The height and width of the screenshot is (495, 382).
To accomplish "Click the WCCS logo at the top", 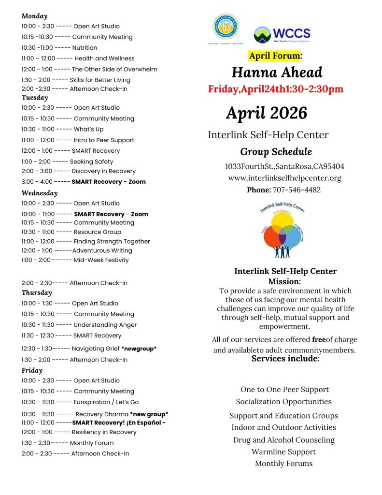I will click(x=282, y=34).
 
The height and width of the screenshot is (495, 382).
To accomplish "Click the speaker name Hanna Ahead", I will click(x=277, y=73).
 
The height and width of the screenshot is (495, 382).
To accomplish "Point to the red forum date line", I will click(x=276, y=89).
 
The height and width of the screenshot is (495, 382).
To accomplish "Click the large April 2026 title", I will click(x=267, y=113).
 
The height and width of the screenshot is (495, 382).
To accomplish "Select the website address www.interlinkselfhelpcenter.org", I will click(x=284, y=178).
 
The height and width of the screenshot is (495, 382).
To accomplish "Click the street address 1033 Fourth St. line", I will click(x=284, y=166).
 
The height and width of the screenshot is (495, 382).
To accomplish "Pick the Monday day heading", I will click(x=34, y=16).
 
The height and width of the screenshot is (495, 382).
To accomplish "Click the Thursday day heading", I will click(x=37, y=292).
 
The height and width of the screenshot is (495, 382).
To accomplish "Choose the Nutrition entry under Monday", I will click(x=85, y=48).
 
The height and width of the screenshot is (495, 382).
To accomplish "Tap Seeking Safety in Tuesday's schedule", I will click(x=91, y=161).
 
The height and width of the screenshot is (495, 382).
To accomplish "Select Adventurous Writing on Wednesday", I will click(x=102, y=250).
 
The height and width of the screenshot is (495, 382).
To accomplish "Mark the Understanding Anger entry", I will click(x=105, y=325).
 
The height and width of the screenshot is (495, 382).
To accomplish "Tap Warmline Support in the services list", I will click(x=283, y=452).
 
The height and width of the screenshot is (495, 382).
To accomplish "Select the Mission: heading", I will click(x=284, y=281).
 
